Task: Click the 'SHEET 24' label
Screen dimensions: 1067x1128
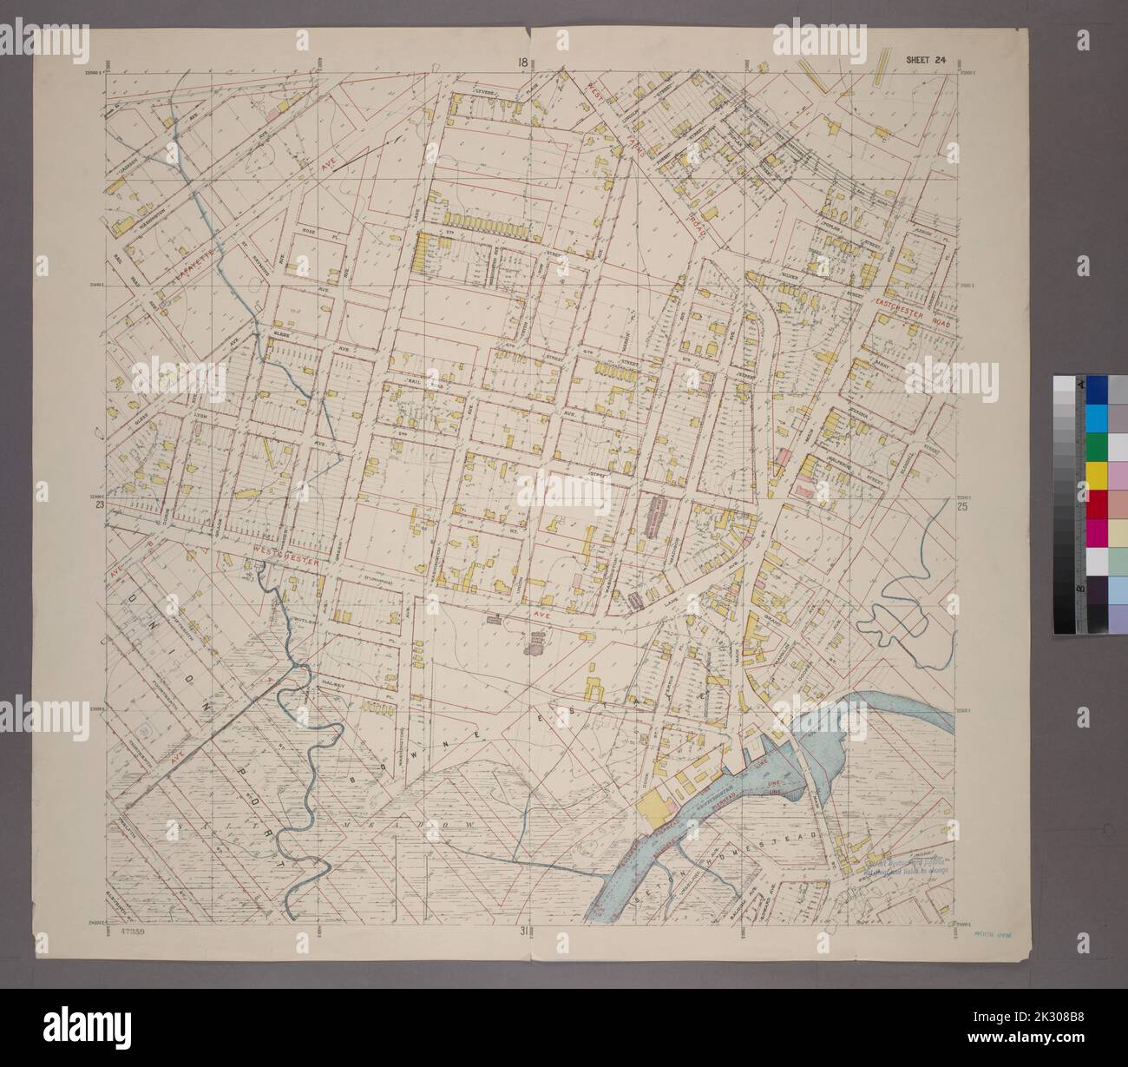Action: tap(925, 60)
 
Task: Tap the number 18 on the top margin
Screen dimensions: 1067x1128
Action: tap(521, 62)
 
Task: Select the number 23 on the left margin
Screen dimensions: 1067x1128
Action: tap(100, 504)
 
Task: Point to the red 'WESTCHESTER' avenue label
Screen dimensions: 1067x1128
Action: tap(287, 553)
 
